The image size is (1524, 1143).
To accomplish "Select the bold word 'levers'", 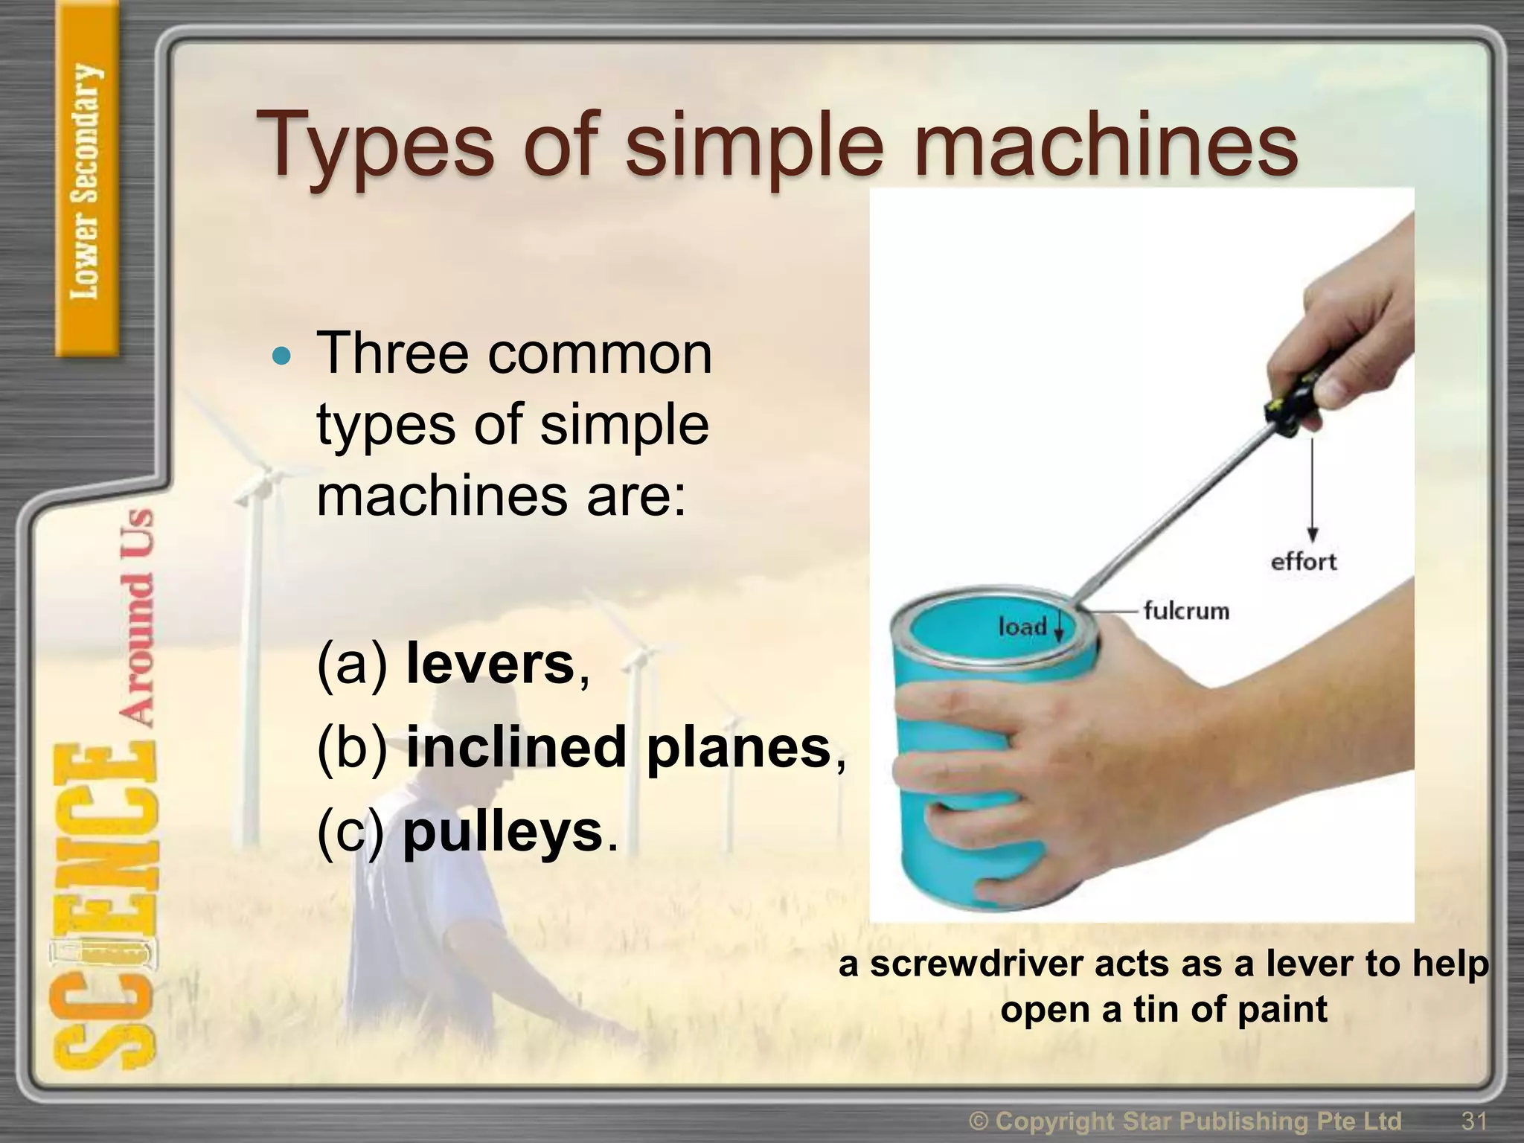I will coord(490,664).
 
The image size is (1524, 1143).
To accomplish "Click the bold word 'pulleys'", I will coord(502,832).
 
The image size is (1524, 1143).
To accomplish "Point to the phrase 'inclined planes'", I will coord(618,747).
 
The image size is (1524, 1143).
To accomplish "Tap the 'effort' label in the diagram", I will coord(1303,561).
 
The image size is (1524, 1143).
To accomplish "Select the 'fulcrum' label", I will coord(1186,610).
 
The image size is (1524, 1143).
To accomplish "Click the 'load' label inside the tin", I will coord(1022,626).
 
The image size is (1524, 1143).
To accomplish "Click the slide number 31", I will coord(1473,1120).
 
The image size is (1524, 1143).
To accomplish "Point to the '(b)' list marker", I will coord(352,747).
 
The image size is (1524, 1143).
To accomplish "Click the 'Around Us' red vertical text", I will coord(137,618).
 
